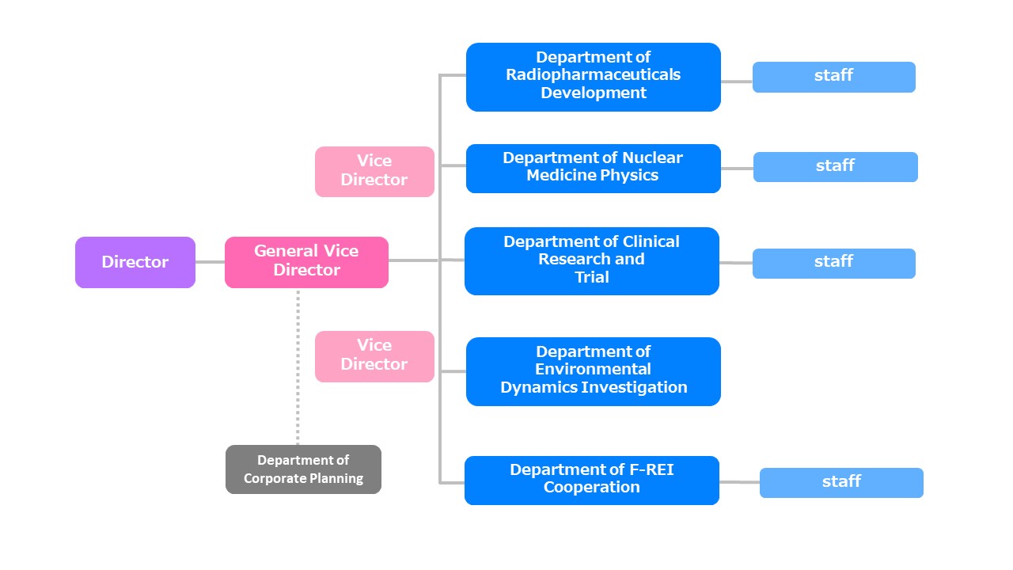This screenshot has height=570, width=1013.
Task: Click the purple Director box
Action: [x=135, y=262]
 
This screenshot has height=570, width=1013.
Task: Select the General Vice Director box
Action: [x=306, y=262]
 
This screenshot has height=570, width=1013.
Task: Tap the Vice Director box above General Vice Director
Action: [x=374, y=171]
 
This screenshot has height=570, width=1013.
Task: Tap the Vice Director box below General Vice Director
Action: [x=374, y=356]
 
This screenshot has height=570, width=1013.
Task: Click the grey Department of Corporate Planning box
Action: [x=303, y=469]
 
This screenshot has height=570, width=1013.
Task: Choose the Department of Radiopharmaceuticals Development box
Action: [x=593, y=77]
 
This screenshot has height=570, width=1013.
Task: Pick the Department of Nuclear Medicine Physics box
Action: [x=593, y=168]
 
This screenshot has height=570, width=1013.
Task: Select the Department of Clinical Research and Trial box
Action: [x=591, y=260]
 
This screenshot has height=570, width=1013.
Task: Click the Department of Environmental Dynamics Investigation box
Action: [x=593, y=371]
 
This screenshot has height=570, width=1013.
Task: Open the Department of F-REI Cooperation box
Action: [x=591, y=480]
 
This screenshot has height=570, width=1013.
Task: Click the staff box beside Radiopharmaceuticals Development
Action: [x=833, y=77]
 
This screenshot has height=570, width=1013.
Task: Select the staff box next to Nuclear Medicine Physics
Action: [x=835, y=167]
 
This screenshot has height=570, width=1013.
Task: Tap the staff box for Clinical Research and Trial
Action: [x=833, y=263]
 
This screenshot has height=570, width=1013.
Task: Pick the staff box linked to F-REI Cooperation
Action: [x=840, y=482]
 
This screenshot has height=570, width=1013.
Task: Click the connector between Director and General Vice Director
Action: [x=210, y=262]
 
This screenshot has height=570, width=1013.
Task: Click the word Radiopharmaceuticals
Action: [x=593, y=74]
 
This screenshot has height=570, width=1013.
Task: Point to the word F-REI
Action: [x=651, y=469]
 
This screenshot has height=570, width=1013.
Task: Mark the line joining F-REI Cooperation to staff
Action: [x=739, y=481]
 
